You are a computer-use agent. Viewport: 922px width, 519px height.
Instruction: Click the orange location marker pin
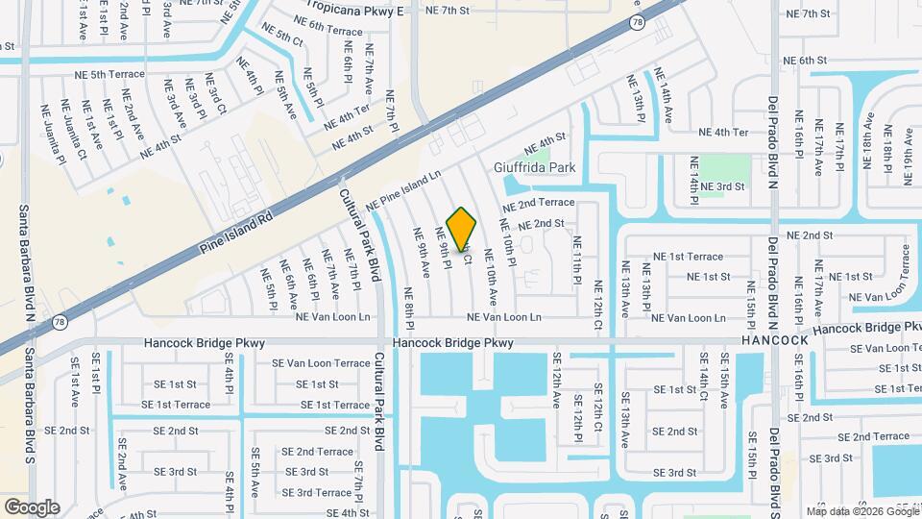[462, 229]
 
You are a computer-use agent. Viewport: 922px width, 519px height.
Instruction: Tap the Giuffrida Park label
[534, 167]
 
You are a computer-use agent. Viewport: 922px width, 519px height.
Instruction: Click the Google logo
[32, 507]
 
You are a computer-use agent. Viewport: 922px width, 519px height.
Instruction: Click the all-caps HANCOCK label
[774, 341]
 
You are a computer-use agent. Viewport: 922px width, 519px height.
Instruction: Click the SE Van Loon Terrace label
[320, 363]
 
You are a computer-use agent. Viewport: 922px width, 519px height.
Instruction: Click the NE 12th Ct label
[597, 305]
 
